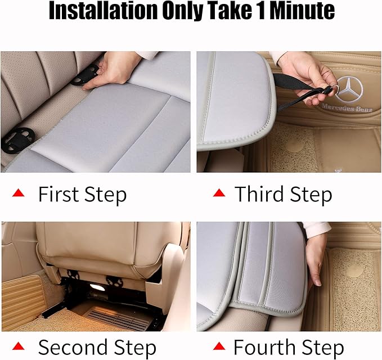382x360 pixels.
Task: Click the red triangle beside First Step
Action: pyautogui.click(x=19, y=193)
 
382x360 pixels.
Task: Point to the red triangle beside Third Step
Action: pyautogui.click(x=219, y=193)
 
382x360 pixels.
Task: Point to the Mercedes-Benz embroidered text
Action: pyautogui.click(x=347, y=107)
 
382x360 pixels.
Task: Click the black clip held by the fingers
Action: pyautogui.click(x=85, y=75)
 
